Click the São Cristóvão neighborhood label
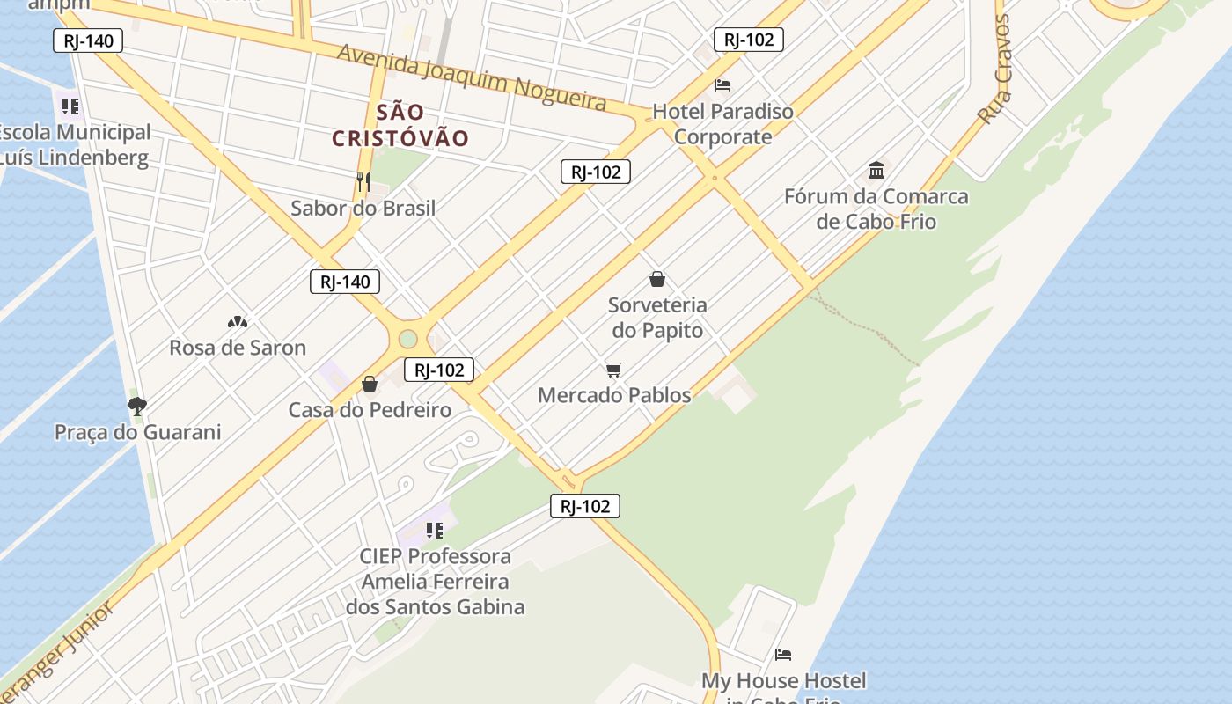tap(400, 125)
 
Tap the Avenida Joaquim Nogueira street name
tap(473, 77)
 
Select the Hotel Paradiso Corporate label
tap(722, 124)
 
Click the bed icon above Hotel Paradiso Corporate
tap(722, 85)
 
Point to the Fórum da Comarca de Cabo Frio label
tap(876, 209)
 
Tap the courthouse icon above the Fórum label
tap(876, 170)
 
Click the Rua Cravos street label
tap(995, 70)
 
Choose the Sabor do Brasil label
tap(363, 209)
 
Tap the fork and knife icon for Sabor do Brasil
tap(363, 182)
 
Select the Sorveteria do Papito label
tap(657, 318)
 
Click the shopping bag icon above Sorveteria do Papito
tap(656, 280)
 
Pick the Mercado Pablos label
tap(614, 395)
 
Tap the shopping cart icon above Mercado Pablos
tap(614, 370)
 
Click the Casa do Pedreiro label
tap(370, 410)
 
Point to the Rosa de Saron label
tap(238, 348)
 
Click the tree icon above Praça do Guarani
tap(136, 407)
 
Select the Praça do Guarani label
tap(138, 432)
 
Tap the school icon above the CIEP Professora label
tap(434, 531)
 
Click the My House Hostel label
tap(783, 681)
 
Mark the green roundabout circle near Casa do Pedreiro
tap(407, 339)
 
